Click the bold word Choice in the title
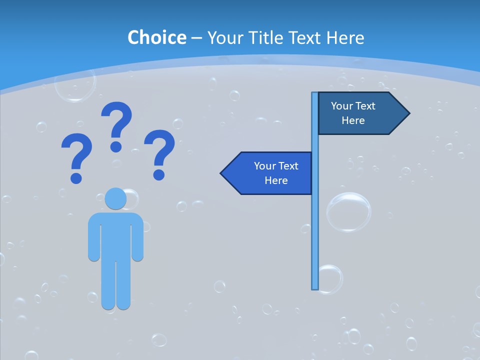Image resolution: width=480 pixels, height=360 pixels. pos(156,37)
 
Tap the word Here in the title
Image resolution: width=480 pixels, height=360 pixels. pos(345,37)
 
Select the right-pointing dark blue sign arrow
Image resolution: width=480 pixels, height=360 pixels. pos(360,113)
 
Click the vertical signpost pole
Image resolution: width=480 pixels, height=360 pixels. pos(315,225)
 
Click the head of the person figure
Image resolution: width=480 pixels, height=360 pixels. pos(115,198)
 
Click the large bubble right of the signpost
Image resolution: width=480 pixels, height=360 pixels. pos(348,212)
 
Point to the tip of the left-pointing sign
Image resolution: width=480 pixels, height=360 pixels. pos(222,173)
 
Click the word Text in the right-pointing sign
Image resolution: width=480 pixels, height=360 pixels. pos(366,106)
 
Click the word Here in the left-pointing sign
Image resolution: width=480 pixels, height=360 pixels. pos(276,180)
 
